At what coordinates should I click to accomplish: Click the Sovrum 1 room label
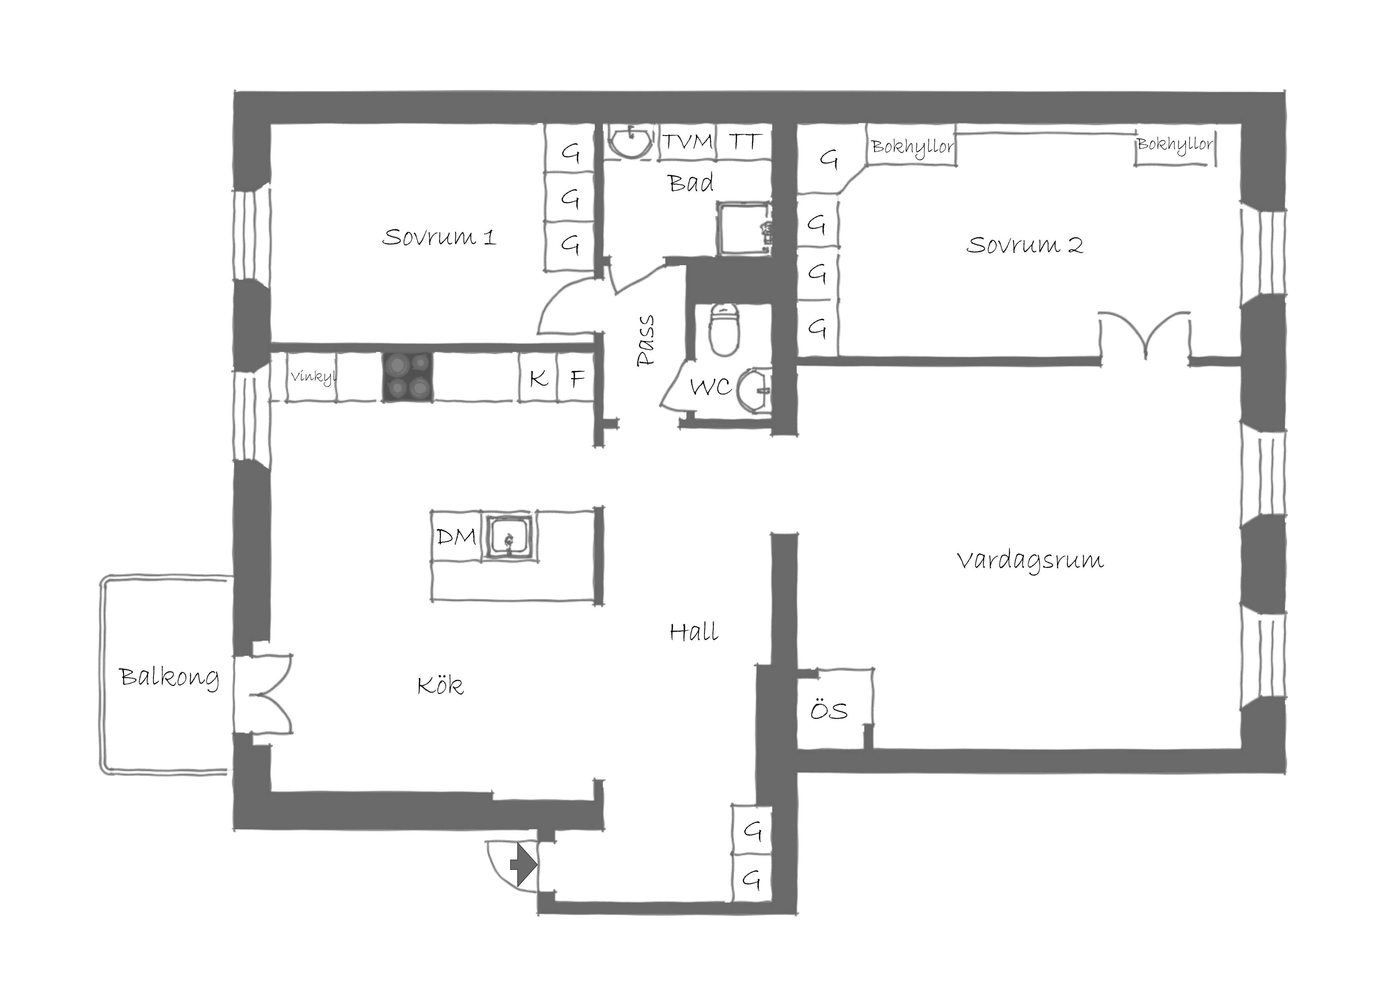439,237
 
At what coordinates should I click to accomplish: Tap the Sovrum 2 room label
1024,245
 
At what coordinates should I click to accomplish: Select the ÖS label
829,710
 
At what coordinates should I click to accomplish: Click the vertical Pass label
645,341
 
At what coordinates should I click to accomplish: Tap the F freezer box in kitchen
576,377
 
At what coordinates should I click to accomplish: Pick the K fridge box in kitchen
538,377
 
